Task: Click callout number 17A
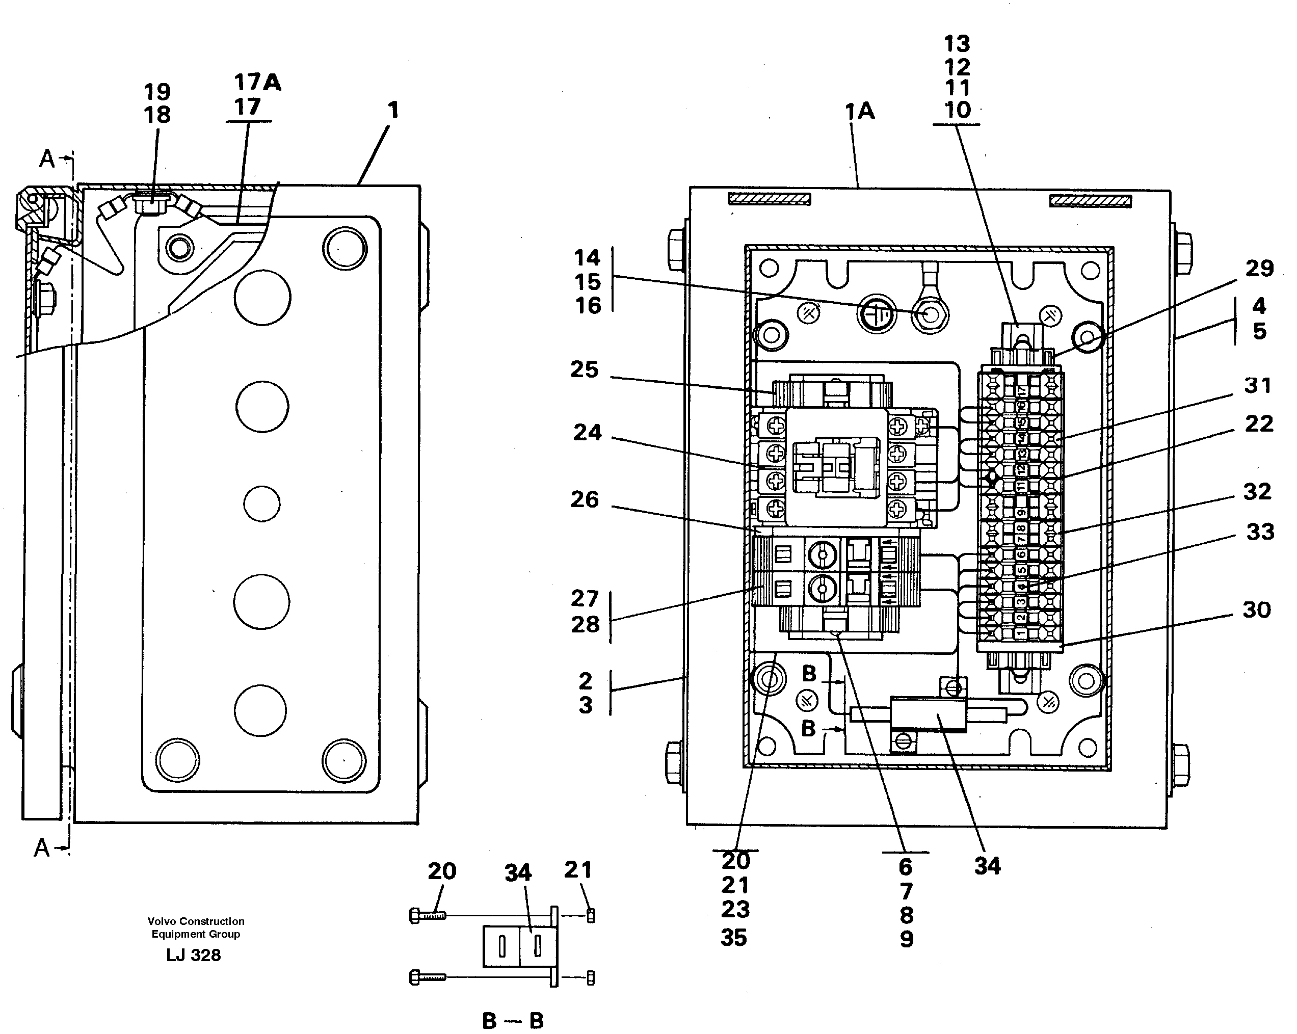pyautogui.click(x=257, y=83)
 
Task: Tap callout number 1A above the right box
pyautogui.click(x=860, y=111)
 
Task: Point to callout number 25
pyautogui.click(x=585, y=369)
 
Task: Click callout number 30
pyautogui.click(x=1257, y=610)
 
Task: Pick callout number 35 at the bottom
pyautogui.click(x=734, y=938)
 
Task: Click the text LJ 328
pyautogui.click(x=194, y=955)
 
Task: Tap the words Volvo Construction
pyautogui.click(x=196, y=921)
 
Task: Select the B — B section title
pyautogui.click(x=513, y=1020)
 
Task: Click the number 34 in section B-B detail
pyautogui.click(x=518, y=873)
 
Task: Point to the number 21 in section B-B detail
pyautogui.click(x=578, y=870)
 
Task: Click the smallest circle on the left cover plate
pyautogui.click(x=261, y=503)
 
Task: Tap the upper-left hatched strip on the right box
pyautogui.click(x=770, y=199)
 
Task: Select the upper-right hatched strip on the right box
pyautogui.click(x=1090, y=201)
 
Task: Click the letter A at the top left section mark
pyautogui.click(x=46, y=159)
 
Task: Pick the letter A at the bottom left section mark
pyautogui.click(x=41, y=848)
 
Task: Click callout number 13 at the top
pyautogui.click(x=957, y=44)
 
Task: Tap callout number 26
pyautogui.click(x=585, y=499)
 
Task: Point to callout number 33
pyautogui.click(x=1260, y=532)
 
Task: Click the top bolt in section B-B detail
pyautogui.click(x=428, y=915)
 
